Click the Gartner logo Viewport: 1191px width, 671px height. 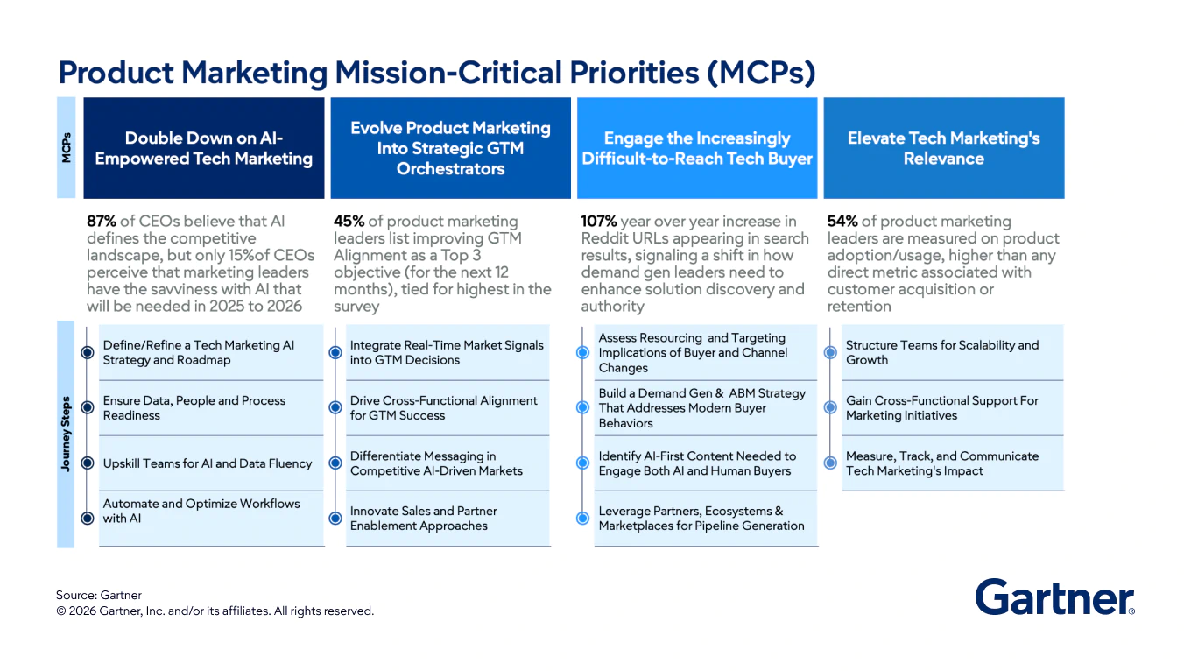click(x=1054, y=597)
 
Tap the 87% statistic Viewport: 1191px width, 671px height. click(x=102, y=222)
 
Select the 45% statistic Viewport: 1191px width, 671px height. click(x=349, y=222)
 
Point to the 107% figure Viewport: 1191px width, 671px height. click(x=600, y=222)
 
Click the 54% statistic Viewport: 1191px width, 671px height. click(x=842, y=222)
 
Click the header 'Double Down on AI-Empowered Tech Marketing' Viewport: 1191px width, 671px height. click(x=204, y=148)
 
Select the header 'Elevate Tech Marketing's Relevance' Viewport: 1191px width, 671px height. click(x=943, y=148)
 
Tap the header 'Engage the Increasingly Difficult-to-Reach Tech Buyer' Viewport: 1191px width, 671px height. click(x=697, y=148)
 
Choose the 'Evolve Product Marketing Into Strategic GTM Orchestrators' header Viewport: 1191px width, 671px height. click(x=450, y=148)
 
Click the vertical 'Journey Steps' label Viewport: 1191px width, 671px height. click(x=66, y=433)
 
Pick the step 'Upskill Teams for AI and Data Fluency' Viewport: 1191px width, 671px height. click(x=208, y=463)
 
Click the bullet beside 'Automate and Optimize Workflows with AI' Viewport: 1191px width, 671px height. click(x=87, y=518)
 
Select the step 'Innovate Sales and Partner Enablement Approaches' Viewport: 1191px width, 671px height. click(x=423, y=518)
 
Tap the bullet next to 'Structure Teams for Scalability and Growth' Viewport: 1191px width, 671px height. click(x=830, y=352)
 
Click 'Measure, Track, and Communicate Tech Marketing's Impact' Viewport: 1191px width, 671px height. click(x=942, y=463)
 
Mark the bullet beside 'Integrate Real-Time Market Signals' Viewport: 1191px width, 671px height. click(x=335, y=352)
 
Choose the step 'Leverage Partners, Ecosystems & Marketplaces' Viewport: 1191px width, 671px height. click(x=701, y=518)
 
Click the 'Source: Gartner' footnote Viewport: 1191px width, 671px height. click(x=99, y=596)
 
